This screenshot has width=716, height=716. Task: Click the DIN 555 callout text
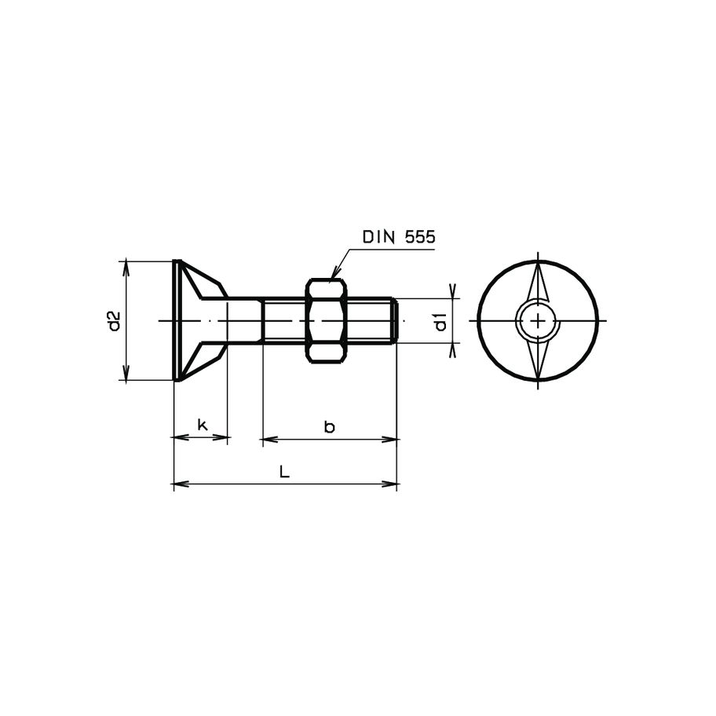coord(398,237)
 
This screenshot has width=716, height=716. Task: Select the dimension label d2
coord(115,320)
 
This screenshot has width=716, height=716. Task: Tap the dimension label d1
coord(440,321)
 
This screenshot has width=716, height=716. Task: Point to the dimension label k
coord(202,425)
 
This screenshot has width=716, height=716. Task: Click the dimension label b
coord(330,426)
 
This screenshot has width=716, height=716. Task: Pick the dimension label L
coord(285,472)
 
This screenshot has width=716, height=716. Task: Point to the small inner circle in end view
coord(538,320)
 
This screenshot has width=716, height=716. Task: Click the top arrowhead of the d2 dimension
coord(126,266)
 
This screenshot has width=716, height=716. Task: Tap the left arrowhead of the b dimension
coord(268,439)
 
